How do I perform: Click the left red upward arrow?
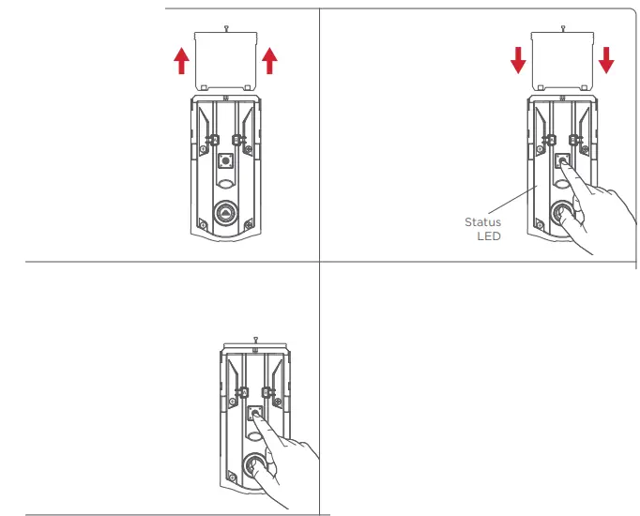181,61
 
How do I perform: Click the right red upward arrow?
269,61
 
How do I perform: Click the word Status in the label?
483,222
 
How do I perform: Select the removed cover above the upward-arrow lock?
225,59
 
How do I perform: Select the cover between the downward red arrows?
562,59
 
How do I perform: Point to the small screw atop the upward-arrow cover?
225,27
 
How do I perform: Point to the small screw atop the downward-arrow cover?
562,27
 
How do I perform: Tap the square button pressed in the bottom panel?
254,412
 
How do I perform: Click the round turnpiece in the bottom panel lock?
253,464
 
